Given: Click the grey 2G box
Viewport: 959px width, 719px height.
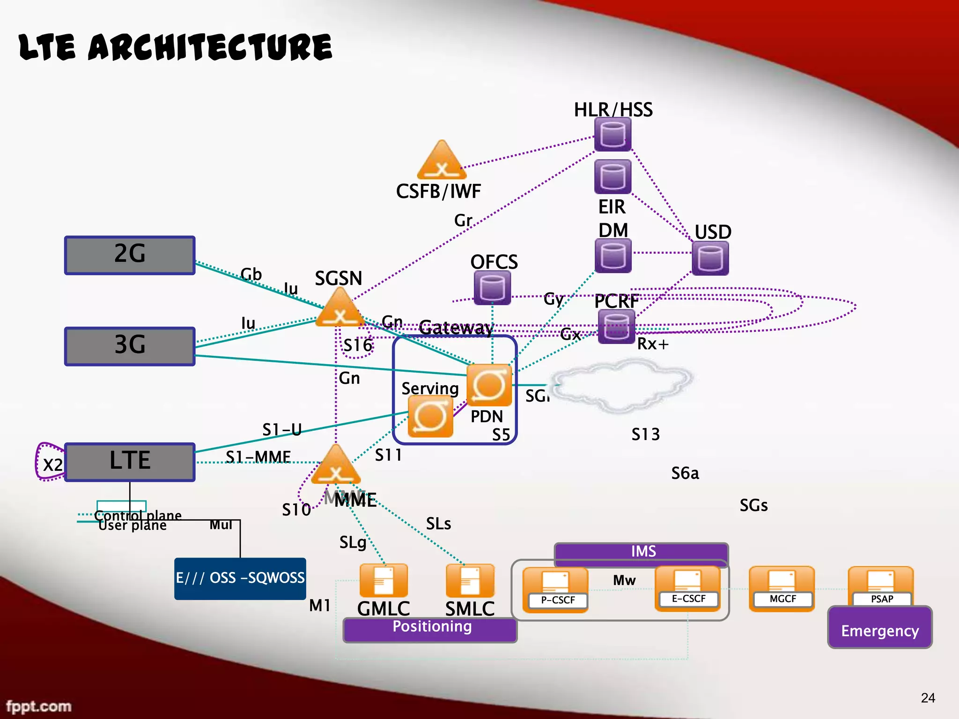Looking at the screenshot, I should pyautogui.click(x=130, y=255).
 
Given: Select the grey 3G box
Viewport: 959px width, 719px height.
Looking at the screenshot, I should pyautogui.click(x=130, y=346).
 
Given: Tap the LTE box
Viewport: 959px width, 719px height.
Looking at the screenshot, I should pyautogui.click(x=130, y=462).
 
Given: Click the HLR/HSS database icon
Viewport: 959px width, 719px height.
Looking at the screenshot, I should pyautogui.click(x=612, y=134).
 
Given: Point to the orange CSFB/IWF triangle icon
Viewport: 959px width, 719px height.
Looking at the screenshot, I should pyautogui.click(x=442, y=161).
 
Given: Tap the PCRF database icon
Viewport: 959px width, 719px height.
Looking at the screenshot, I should pyautogui.click(x=616, y=327).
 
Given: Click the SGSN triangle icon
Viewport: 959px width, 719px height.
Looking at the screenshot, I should pyautogui.click(x=340, y=309).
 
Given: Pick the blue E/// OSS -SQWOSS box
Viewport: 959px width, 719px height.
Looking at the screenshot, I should pyautogui.click(x=240, y=579).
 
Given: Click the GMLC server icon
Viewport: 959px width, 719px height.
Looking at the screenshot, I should pyautogui.click(x=384, y=580).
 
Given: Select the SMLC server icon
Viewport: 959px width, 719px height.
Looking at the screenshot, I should pyautogui.click(x=470, y=580).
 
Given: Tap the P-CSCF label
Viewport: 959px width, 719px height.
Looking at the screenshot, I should pyautogui.click(x=557, y=600).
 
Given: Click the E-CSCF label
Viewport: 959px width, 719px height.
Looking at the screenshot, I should pyautogui.click(x=688, y=599).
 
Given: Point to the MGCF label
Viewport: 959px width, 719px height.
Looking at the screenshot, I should pyautogui.click(x=782, y=599).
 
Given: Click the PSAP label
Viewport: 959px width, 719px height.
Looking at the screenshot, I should pyautogui.click(x=882, y=599).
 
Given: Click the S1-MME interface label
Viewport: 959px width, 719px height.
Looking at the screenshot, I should pyautogui.click(x=258, y=456).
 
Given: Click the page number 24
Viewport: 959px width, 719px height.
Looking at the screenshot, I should pyautogui.click(x=928, y=698).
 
